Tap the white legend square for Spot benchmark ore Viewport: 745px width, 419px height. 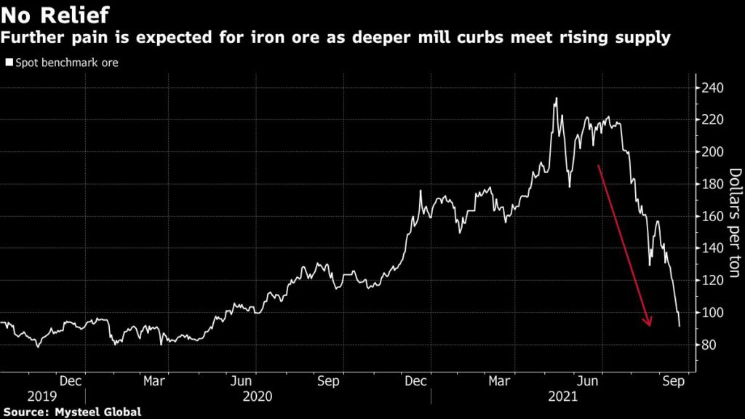(x=9, y=63)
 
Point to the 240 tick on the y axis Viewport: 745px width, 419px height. (x=714, y=88)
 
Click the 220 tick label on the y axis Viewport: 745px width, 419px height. (x=714, y=120)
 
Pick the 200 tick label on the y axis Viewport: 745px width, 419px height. (x=714, y=152)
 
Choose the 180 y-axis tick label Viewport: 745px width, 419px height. (x=714, y=184)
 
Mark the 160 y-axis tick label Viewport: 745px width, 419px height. (x=714, y=216)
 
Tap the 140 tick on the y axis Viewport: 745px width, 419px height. (x=714, y=248)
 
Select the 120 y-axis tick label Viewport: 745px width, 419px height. (x=714, y=280)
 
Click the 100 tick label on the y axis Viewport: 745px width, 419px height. (x=714, y=312)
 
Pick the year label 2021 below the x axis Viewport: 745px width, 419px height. (x=562, y=396)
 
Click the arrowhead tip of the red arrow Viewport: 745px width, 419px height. (x=648, y=326)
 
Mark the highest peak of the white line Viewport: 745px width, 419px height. (x=557, y=98)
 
